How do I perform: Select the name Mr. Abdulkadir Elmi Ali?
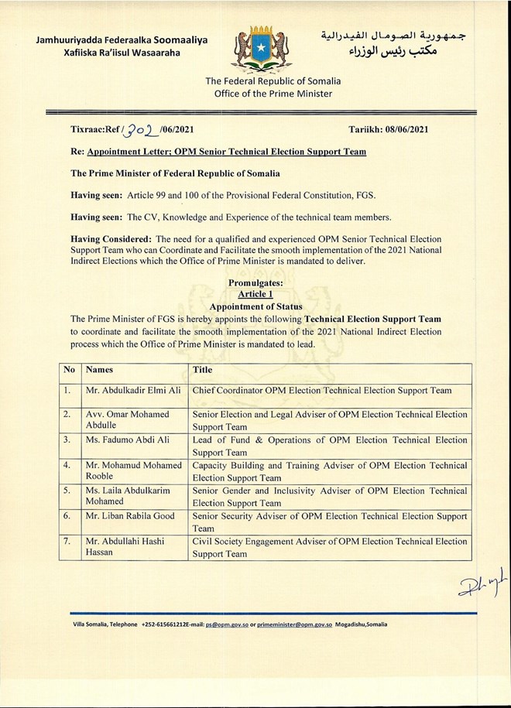(133, 391)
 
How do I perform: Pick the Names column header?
(101, 371)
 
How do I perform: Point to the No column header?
(70, 371)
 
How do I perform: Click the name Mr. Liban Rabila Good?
(130, 515)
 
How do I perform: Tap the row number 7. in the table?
(68, 541)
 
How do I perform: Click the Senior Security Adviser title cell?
(330, 521)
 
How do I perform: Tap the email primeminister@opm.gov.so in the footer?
(294, 624)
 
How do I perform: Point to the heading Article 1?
(255, 295)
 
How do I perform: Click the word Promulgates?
(256, 284)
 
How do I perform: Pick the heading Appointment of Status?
(256, 306)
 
